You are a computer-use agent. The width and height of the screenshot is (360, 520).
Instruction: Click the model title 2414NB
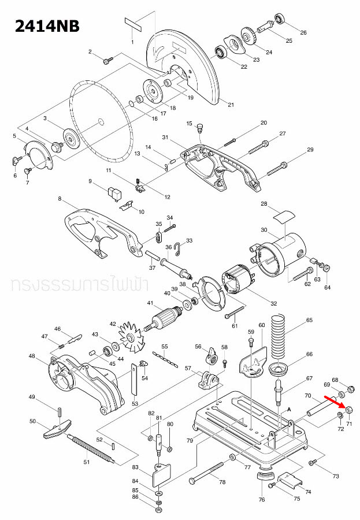tap(40, 26)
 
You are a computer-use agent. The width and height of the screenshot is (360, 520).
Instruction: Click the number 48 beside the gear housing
tap(32, 356)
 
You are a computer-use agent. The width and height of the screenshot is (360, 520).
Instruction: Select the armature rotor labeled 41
tap(170, 320)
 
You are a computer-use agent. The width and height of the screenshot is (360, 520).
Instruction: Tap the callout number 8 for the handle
tap(60, 199)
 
